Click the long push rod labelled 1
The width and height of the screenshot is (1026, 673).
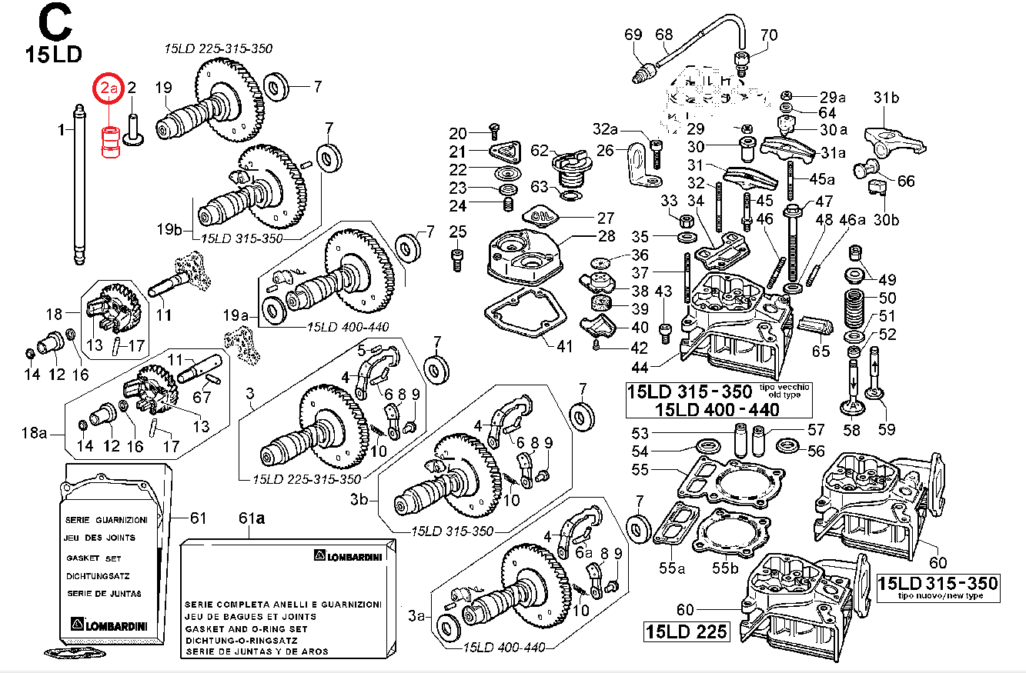point(79,185)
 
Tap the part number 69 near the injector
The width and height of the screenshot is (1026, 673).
point(633,35)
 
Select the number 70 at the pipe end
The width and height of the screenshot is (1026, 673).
point(769,35)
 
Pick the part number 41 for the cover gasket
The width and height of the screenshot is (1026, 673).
point(565,346)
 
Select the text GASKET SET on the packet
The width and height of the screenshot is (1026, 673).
point(94,558)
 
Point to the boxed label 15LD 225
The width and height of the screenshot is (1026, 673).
point(685,631)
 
